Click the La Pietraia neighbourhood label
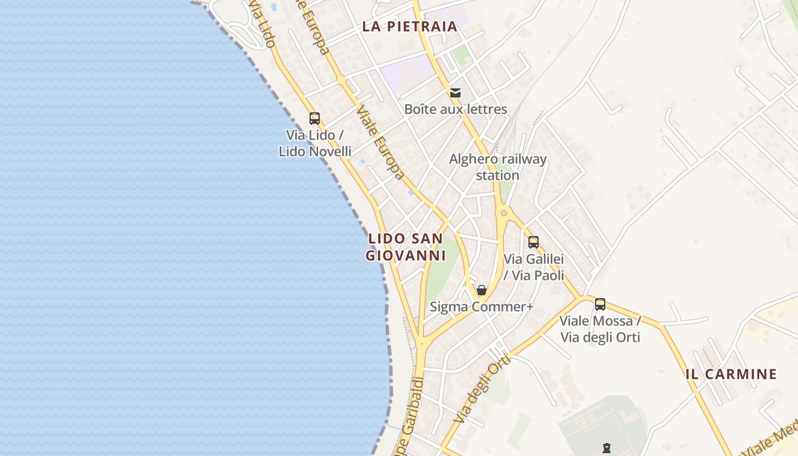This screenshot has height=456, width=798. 410,26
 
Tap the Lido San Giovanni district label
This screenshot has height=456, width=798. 405,247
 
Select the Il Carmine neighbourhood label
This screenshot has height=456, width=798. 731,374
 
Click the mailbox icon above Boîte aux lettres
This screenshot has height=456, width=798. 455,92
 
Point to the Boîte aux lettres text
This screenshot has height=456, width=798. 455,109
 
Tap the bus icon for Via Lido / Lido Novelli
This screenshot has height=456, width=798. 315,119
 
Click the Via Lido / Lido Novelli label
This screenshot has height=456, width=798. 315,144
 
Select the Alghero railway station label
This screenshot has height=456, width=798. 498,167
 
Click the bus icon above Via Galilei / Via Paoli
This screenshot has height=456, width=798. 534,242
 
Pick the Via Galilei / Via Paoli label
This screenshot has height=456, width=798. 534,267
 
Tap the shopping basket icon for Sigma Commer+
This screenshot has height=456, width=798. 482,290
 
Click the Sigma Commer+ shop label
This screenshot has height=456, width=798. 482,307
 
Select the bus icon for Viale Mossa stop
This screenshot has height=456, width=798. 600,304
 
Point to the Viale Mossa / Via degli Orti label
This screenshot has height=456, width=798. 600,329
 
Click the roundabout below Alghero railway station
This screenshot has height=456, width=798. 503,213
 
